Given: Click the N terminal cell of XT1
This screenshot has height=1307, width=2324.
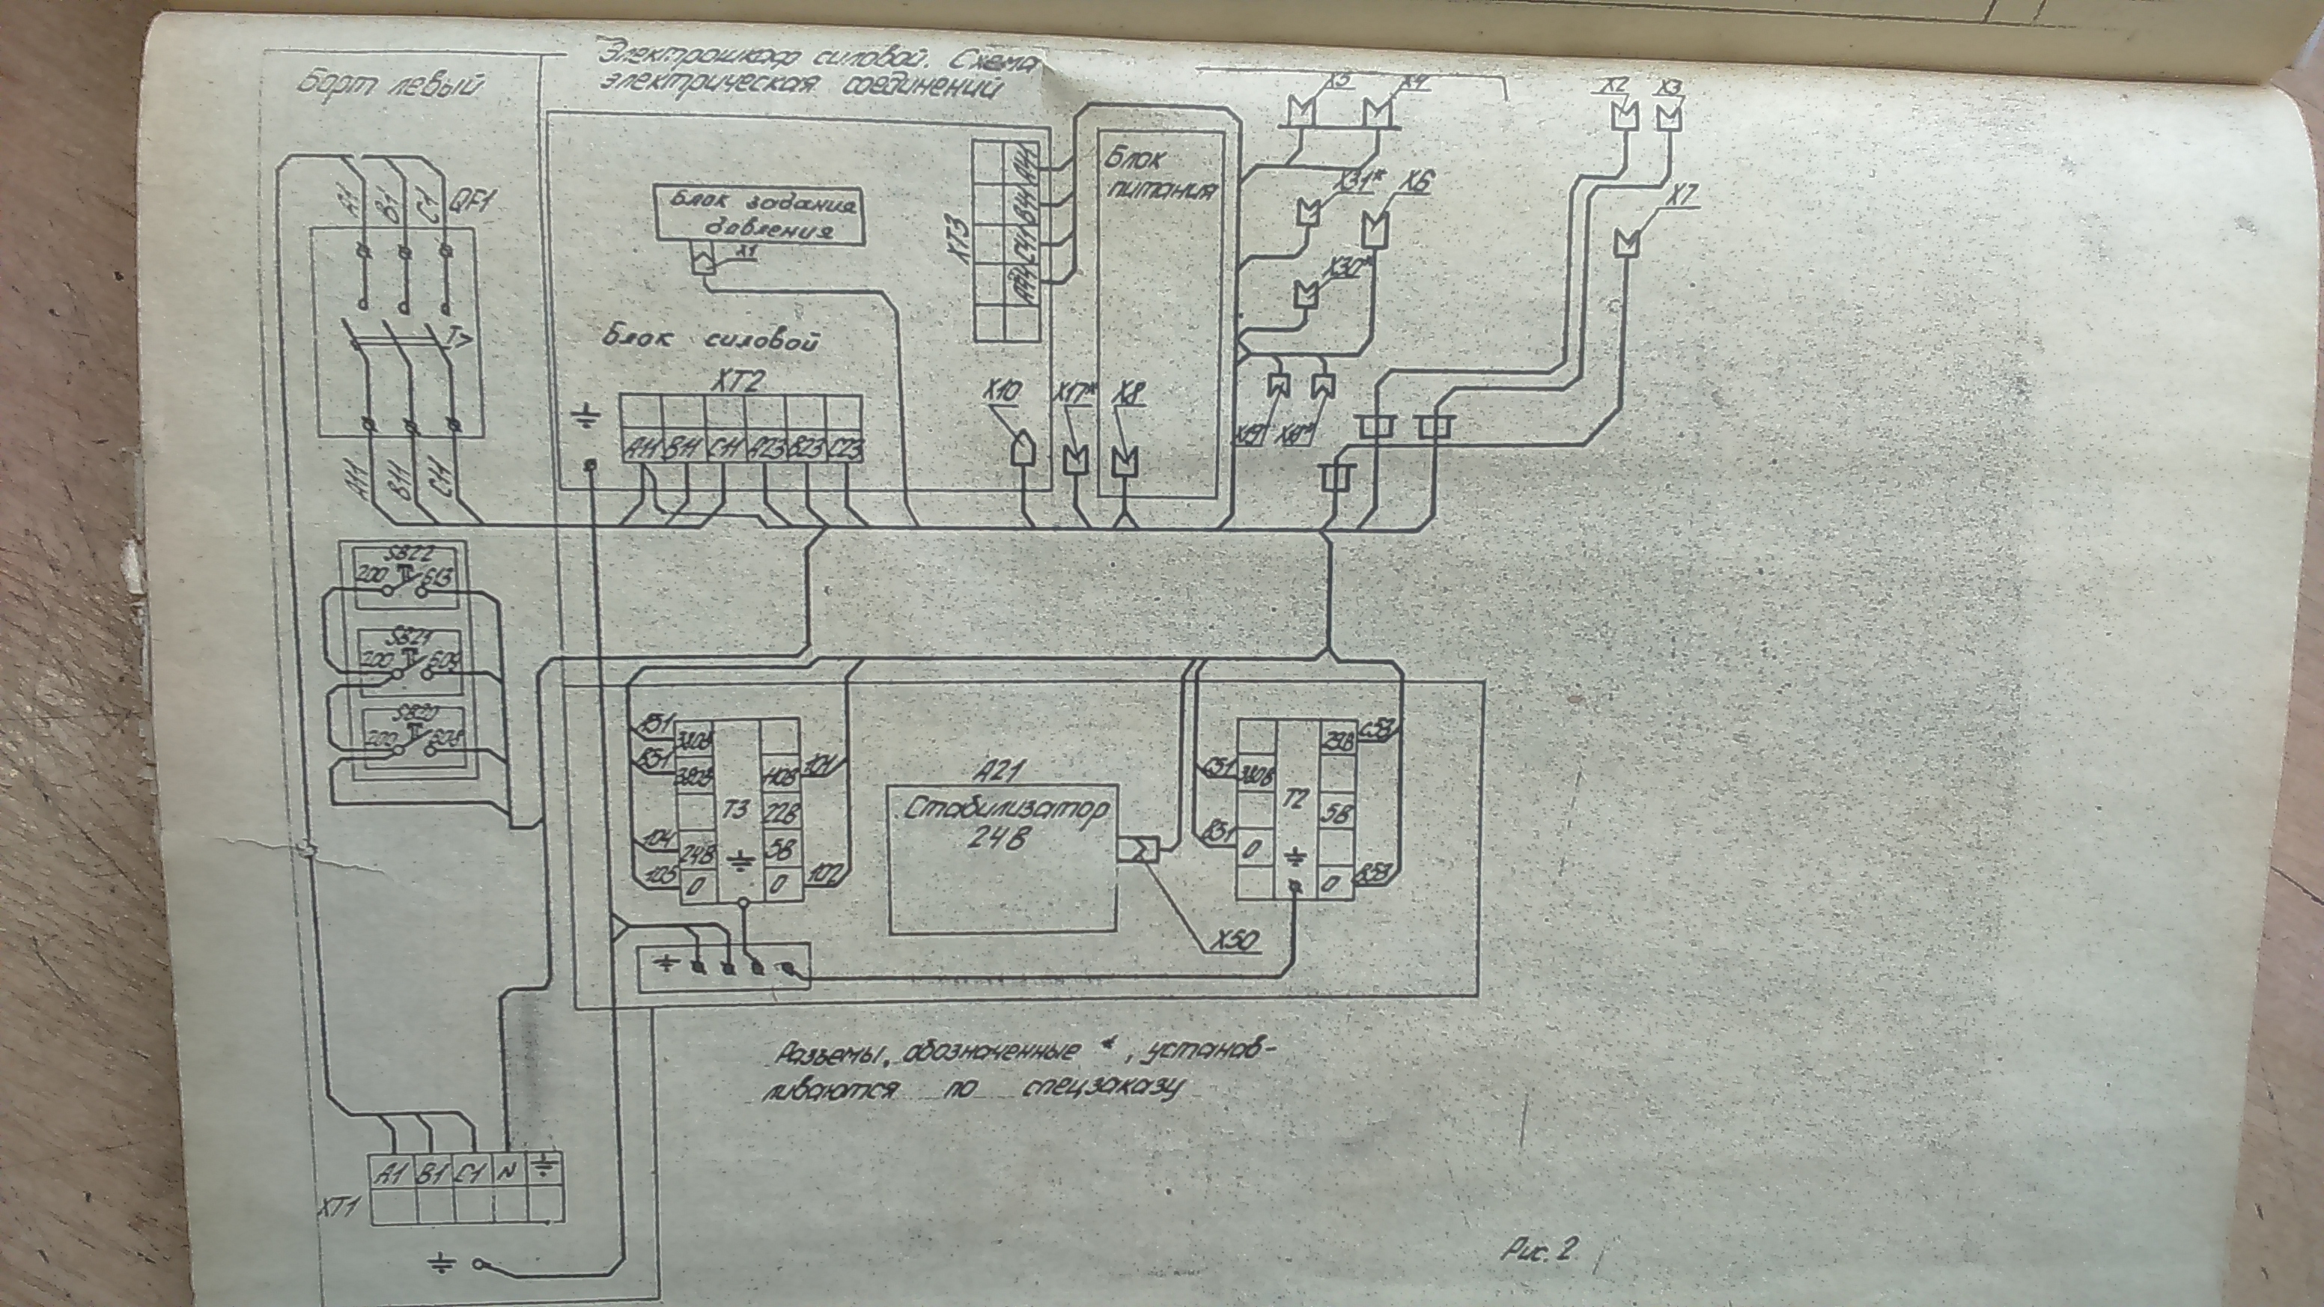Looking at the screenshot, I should (508, 1172).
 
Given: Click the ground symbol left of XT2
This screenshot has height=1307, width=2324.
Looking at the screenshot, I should (587, 417).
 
